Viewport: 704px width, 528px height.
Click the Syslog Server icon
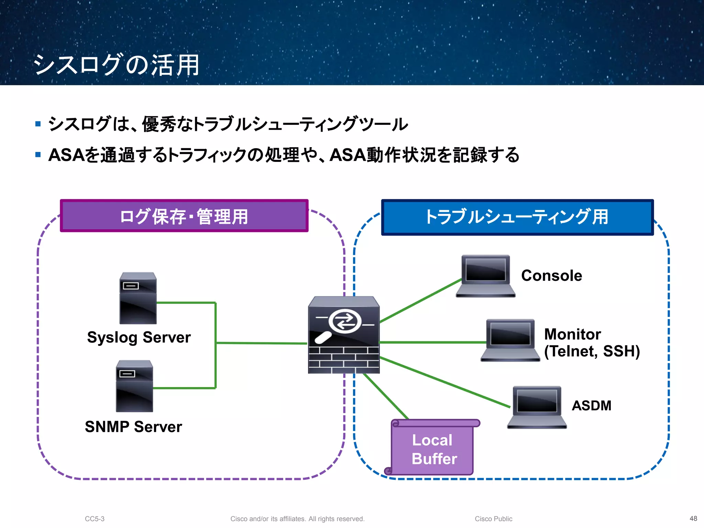[x=138, y=298]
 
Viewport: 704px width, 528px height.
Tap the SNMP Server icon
[x=134, y=386]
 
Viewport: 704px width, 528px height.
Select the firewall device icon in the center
[x=344, y=335]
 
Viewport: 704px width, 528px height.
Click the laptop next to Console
[x=485, y=276]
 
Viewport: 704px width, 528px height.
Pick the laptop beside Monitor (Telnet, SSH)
[x=510, y=340]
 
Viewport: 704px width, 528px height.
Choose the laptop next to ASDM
[x=537, y=407]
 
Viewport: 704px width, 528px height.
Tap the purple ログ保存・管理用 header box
[x=184, y=216]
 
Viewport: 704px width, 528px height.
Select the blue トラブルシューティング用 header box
[x=517, y=217]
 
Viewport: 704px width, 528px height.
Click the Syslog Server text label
[x=139, y=337]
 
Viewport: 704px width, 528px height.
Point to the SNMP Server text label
[x=133, y=427]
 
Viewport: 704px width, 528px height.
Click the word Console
[x=551, y=276]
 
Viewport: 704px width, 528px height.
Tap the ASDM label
[x=591, y=406]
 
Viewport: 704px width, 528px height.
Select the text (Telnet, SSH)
[x=592, y=351]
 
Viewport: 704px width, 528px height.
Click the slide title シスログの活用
[x=116, y=65]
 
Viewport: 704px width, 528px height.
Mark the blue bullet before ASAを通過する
[x=38, y=155]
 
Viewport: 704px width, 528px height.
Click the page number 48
[x=693, y=518]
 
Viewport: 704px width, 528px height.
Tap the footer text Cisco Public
[x=493, y=519]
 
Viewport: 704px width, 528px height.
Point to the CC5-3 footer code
[x=95, y=519]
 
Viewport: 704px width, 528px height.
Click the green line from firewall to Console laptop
[x=420, y=301]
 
